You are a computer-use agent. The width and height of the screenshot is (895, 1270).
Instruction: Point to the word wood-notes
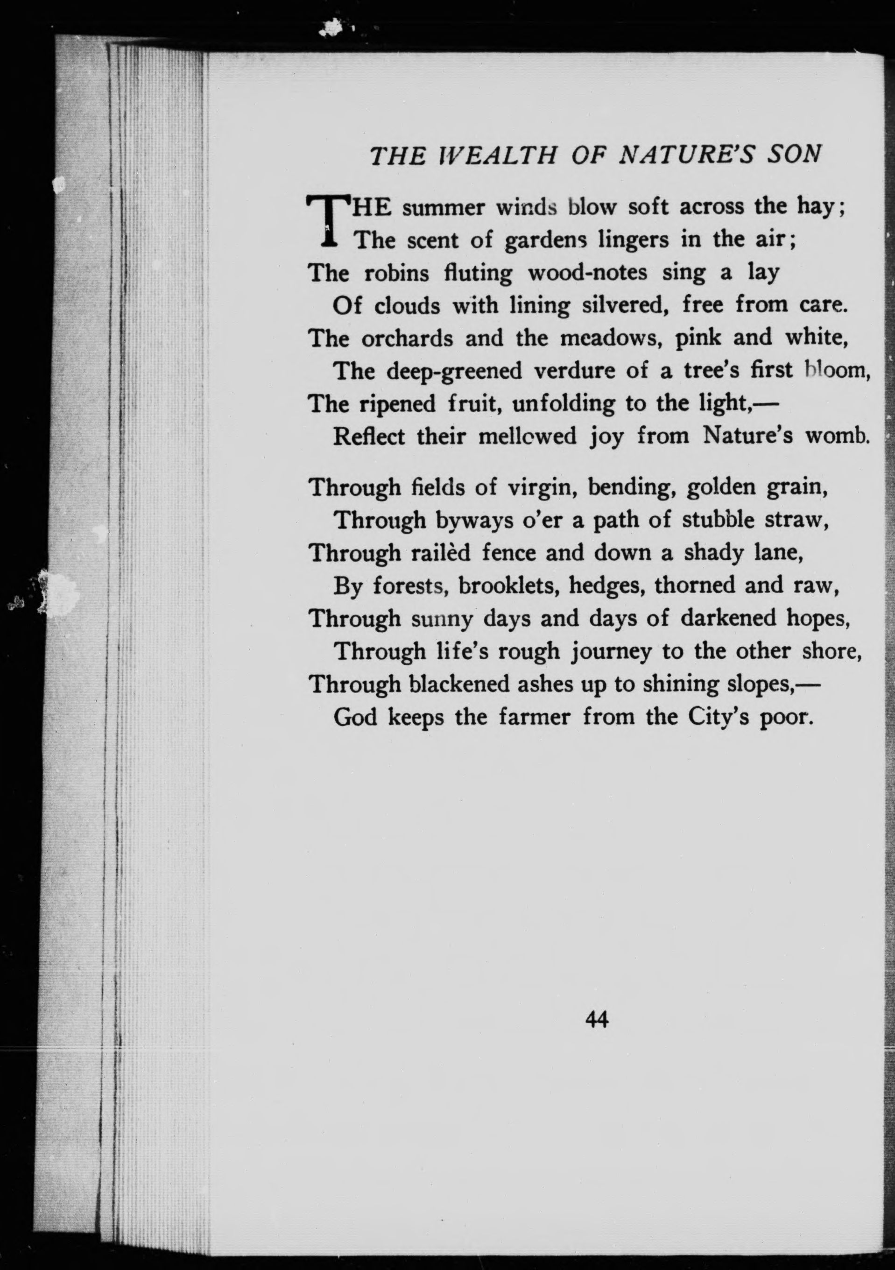click(587, 273)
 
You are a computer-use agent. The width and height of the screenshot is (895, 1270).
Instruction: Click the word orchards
click(407, 339)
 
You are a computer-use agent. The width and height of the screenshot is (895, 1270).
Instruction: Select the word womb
click(838, 436)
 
